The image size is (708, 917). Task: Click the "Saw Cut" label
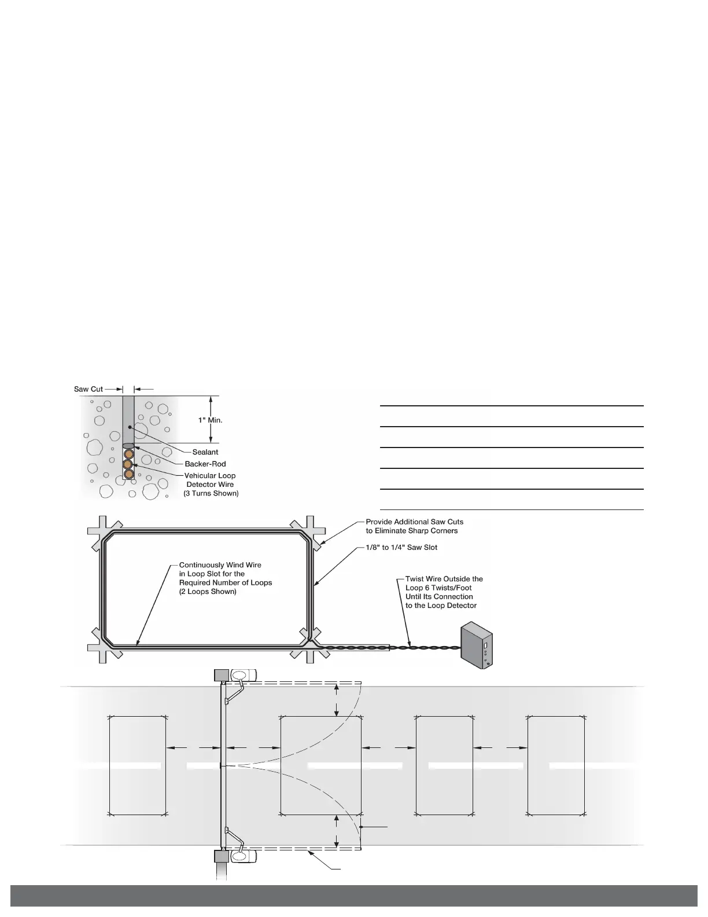tap(89, 389)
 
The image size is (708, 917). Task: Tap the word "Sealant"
tap(205, 452)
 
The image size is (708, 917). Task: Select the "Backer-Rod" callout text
tap(205, 464)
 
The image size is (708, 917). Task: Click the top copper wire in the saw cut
tap(128, 454)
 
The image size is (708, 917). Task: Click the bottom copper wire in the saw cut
tap(128, 474)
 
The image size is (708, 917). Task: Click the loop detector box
tap(477, 645)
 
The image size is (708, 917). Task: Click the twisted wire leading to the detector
tap(425, 648)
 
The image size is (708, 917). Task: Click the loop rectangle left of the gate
tap(138, 765)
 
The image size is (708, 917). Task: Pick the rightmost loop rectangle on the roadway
tap(556, 765)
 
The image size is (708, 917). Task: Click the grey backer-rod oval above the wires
tap(128, 445)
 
